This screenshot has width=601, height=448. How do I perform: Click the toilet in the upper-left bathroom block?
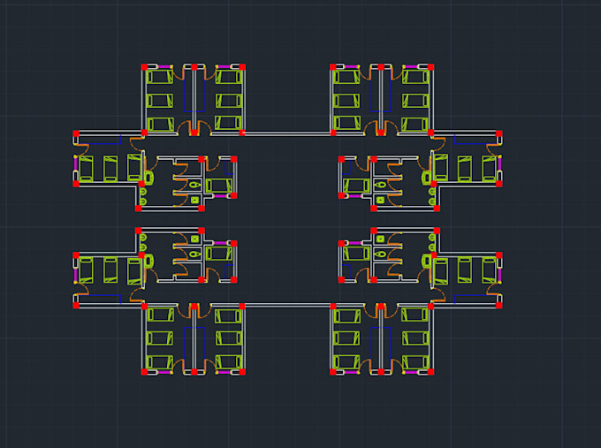tap(194, 185)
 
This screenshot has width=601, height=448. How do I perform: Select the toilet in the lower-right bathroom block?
tap(379, 254)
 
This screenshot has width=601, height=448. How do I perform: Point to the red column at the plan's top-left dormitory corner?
tap(144, 66)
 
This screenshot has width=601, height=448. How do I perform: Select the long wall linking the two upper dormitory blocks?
tap(287, 133)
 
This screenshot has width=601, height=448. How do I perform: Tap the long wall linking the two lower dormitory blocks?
tap(287, 305)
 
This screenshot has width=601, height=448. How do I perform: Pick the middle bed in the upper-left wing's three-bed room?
tap(110, 167)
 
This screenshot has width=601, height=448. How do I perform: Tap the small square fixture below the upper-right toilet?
tap(381, 201)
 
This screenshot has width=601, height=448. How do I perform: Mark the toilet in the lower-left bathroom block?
tap(194, 254)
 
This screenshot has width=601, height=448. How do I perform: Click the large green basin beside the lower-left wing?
tap(148, 261)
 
